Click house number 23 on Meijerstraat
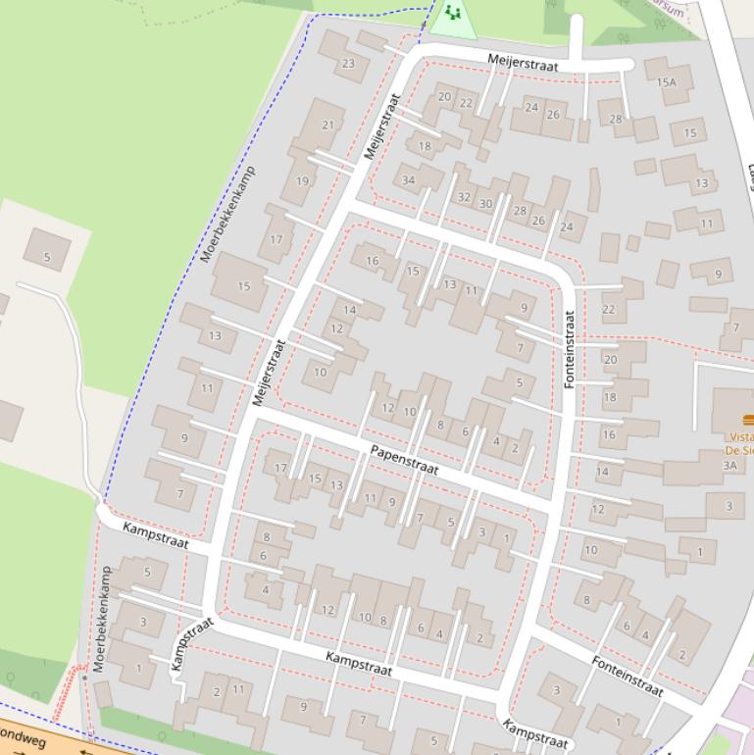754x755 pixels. [349, 64]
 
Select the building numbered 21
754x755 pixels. [327, 126]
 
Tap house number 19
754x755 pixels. [302, 180]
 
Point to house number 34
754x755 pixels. [408, 179]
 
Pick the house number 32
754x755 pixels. [464, 197]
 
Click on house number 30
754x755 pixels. [485, 204]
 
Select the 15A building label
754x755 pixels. [667, 83]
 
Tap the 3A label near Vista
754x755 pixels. [729, 465]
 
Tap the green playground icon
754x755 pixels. [452, 13]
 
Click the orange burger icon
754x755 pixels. [748, 420]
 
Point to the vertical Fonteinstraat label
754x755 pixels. [570, 349]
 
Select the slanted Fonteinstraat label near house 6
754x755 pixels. [627, 677]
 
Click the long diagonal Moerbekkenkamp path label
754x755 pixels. [227, 214]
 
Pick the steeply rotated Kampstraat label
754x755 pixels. [192, 644]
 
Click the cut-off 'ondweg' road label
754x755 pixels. [22, 736]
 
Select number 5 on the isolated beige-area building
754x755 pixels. [46, 258]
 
